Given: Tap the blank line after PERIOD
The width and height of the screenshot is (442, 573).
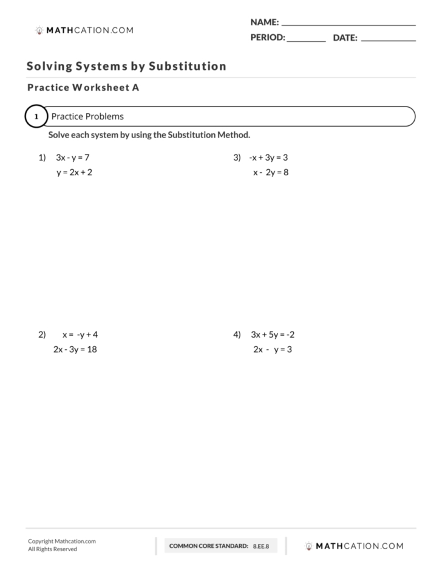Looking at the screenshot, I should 306,40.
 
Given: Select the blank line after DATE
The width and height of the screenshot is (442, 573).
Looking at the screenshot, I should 388,40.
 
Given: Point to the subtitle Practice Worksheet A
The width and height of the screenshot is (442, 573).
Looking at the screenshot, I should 83,88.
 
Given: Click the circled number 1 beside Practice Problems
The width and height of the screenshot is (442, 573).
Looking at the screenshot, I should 36,116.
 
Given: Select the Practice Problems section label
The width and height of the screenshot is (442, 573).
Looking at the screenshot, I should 87,116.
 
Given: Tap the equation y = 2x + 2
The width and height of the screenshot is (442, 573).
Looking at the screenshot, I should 74,172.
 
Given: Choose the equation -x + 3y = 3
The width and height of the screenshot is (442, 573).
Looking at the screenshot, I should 268,158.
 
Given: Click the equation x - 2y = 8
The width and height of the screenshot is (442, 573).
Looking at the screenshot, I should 271,172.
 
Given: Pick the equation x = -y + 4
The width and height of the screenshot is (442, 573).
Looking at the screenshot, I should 80,335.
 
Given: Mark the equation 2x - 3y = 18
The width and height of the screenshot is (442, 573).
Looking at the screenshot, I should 75,350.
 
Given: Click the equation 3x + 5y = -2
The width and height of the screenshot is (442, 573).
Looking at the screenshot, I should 273,335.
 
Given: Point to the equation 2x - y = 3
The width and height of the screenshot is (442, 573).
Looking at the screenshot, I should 273,350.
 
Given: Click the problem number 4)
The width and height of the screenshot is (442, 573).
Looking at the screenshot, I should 237,335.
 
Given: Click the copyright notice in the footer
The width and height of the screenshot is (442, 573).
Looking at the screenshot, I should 61,545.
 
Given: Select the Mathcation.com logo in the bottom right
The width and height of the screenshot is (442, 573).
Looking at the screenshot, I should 354,546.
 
